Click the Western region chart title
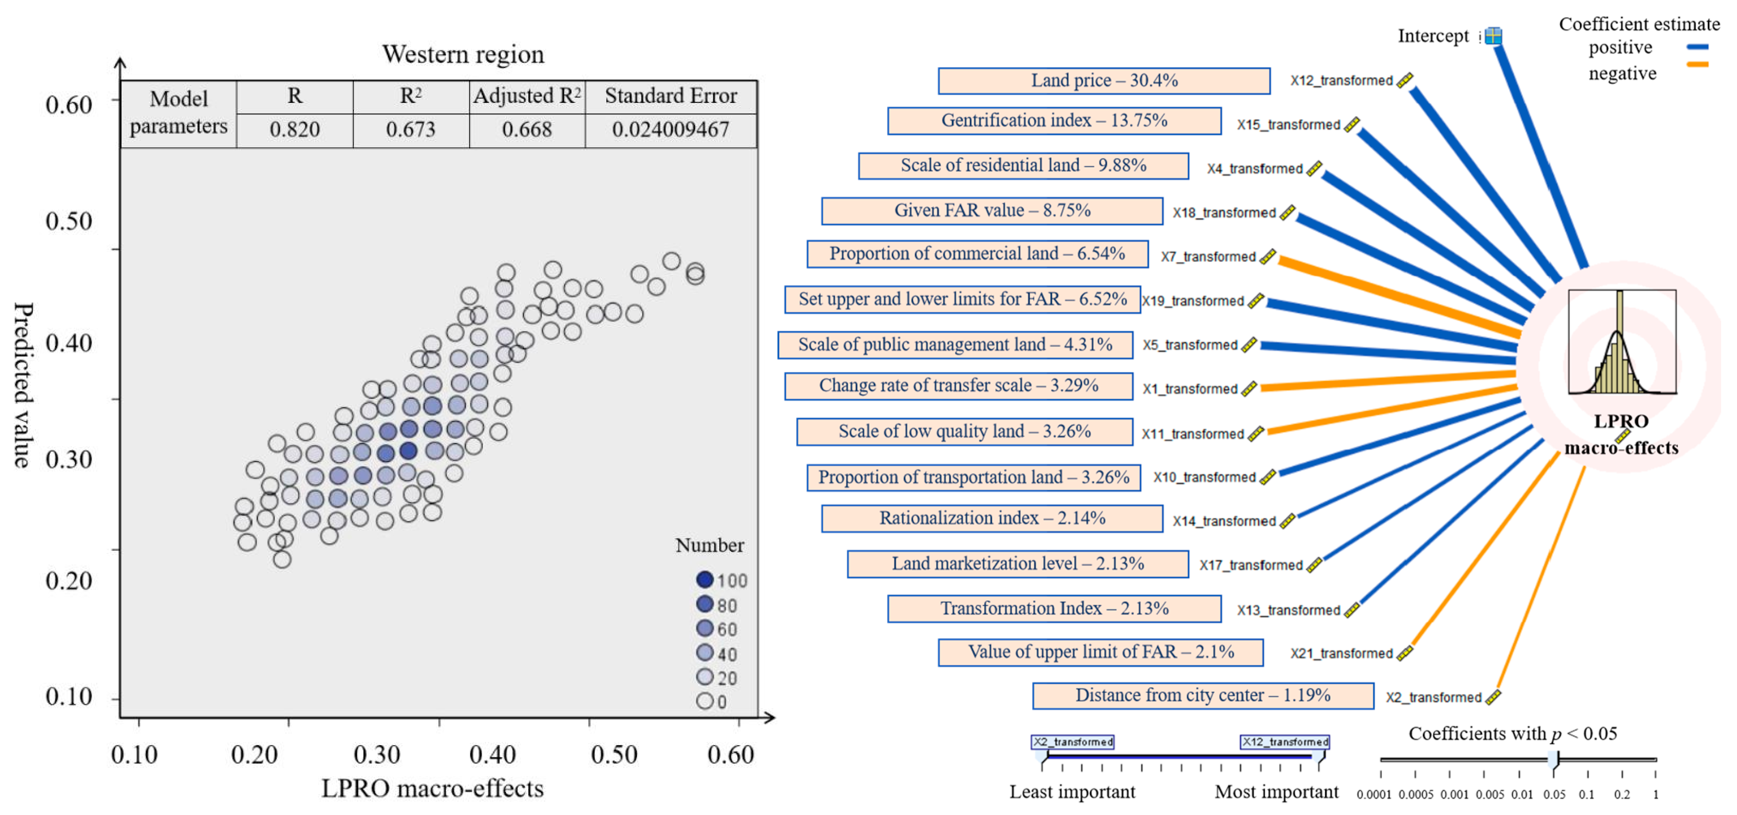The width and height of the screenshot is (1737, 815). (x=463, y=54)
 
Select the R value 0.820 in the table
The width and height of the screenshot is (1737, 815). (x=295, y=129)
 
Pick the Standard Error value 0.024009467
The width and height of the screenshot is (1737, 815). (x=670, y=129)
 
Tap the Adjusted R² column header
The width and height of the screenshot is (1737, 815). (x=527, y=96)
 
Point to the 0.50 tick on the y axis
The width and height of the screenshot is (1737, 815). (x=69, y=221)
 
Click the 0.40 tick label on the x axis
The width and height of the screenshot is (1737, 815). (x=493, y=754)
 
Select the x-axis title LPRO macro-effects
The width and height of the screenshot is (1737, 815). (x=432, y=788)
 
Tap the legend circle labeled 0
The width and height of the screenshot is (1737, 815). (x=705, y=701)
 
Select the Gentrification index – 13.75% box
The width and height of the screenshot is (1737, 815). (x=1054, y=121)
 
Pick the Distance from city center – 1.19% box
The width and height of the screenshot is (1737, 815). (x=1203, y=696)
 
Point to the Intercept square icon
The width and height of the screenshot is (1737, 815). (x=1494, y=36)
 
